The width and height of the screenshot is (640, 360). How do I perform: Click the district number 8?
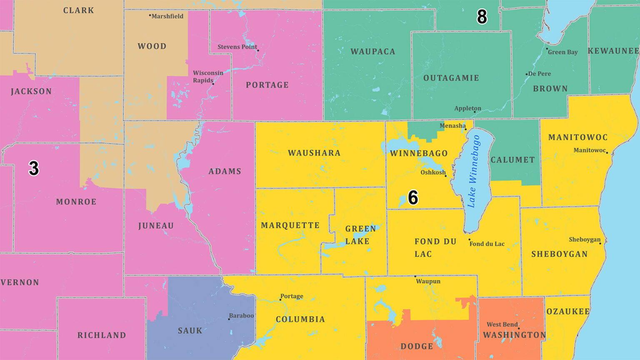482,17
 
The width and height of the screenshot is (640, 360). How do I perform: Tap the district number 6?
412,197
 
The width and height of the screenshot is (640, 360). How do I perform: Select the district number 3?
33,168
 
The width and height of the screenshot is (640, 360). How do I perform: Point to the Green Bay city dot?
547,49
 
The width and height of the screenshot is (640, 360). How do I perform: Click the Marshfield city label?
167,16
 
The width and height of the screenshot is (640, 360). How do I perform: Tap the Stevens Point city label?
237,47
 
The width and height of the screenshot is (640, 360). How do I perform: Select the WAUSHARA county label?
314,153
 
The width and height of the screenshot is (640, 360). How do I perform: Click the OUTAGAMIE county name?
451,78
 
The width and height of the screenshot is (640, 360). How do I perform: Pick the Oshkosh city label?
432,172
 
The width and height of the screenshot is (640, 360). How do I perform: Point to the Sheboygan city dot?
600,243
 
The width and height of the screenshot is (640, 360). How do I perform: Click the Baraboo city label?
241,315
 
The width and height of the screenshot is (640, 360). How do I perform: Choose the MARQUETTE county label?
290,225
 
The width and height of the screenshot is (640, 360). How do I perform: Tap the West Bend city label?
502,324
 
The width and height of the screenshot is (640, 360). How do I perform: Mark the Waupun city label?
428,281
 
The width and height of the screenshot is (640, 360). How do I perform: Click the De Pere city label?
540,74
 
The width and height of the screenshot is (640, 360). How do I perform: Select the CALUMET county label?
512,160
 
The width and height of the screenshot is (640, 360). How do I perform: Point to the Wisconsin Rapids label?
207,76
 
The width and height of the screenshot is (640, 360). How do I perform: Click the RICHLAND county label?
102,335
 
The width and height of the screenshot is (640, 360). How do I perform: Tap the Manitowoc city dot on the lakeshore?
607,152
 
